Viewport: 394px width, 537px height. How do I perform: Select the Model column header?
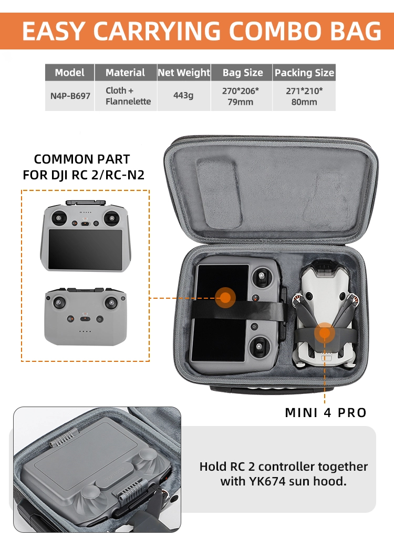coord(69,73)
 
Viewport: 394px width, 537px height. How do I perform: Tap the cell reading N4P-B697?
coord(70,96)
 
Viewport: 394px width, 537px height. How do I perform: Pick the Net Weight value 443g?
coord(183,95)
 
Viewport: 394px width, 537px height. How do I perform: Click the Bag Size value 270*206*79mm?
coord(241,96)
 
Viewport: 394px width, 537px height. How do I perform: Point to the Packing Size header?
coord(304,73)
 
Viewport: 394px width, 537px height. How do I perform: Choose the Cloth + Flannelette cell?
coord(128,96)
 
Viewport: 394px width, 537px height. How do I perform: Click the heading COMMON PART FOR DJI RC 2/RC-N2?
coord(83,167)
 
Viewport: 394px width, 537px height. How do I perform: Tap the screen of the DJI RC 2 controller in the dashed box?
coord(85,249)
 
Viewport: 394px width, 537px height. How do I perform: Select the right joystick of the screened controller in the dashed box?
coord(111,217)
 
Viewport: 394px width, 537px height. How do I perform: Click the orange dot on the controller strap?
coord(225,297)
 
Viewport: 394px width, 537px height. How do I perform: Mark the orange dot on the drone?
coord(324,332)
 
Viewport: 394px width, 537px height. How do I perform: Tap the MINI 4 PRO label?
coord(326,413)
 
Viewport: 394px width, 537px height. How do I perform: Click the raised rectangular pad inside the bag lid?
coord(220,194)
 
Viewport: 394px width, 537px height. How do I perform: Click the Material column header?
coord(125,73)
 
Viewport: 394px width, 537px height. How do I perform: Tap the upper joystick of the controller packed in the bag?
coord(262,276)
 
